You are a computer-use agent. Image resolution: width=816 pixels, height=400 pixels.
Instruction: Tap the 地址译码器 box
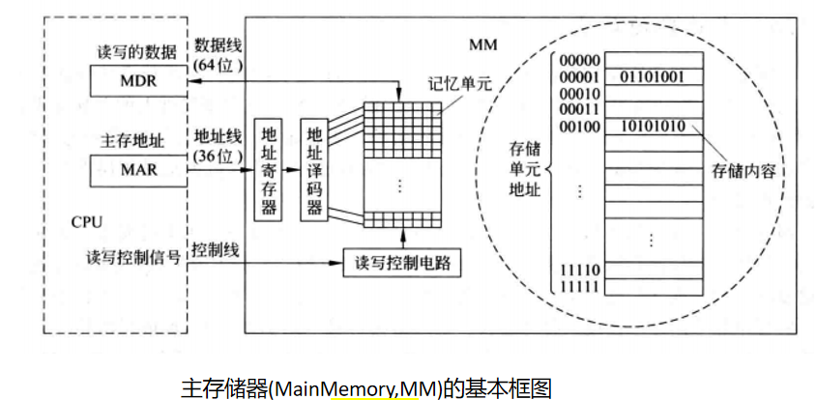click(x=312, y=171)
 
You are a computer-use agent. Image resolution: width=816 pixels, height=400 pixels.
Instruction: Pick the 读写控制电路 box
click(x=402, y=261)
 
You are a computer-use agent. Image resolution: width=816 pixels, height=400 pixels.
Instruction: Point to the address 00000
click(x=578, y=59)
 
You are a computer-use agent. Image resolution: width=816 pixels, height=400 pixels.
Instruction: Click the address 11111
click(x=578, y=287)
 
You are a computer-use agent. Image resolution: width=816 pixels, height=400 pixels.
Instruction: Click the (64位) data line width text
click(x=218, y=66)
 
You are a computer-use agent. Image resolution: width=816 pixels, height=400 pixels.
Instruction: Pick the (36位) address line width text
click(x=218, y=154)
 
